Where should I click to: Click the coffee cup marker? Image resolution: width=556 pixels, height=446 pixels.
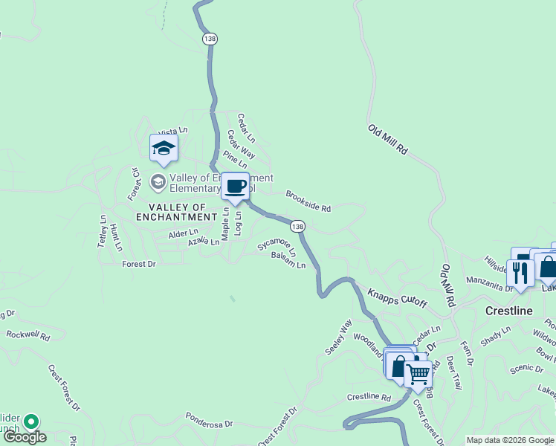[x=236, y=186]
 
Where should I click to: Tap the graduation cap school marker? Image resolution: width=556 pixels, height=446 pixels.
[x=164, y=149]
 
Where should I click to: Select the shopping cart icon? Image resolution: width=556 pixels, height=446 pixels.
[x=418, y=373]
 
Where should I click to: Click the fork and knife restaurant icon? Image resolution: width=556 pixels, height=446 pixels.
[x=520, y=273]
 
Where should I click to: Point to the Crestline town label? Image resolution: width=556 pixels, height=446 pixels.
[x=509, y=311]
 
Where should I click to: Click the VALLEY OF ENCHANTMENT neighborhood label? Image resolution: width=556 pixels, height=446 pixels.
[x=177, y=217]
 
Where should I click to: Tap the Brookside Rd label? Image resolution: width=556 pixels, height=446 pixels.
[x=308, y=200]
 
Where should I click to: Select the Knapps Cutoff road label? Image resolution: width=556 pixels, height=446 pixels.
[x=397, y=298]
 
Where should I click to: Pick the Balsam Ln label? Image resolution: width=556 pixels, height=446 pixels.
[x=288, y=260]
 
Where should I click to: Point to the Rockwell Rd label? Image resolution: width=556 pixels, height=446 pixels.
[x=28, y=335]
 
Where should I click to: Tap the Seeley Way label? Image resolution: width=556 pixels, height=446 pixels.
[x=337, y=337]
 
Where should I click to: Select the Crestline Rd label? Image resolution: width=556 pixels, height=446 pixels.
[x=369, y=397]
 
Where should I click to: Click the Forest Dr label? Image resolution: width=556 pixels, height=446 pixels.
[x=139, y=264]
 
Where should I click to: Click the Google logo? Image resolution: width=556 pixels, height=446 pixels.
[x=25, y=437]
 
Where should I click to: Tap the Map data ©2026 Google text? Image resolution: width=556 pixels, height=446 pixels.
[x=509, y=440]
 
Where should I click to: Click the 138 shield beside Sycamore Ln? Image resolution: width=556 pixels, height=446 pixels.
[x=297, y=225]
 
